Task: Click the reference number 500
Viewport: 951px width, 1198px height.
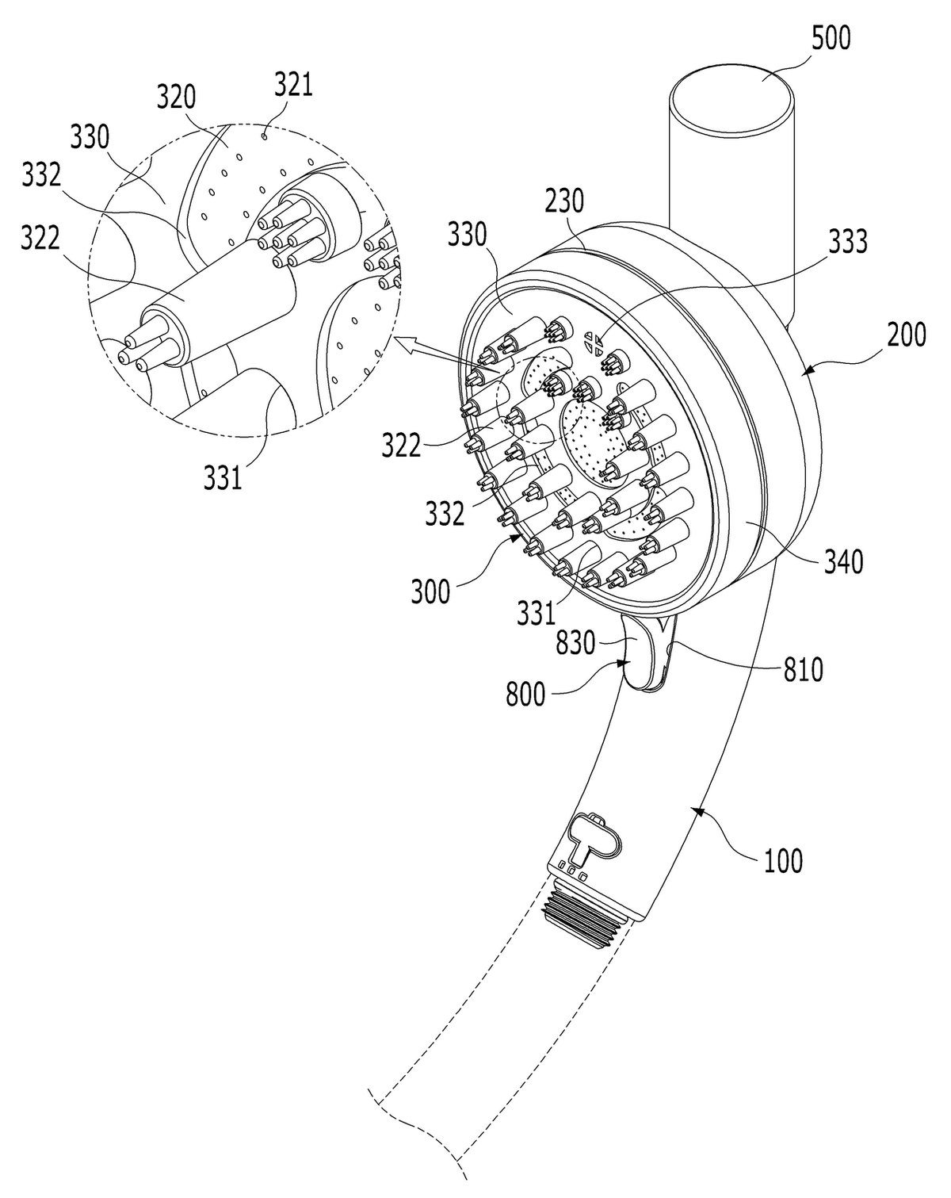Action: [x=831, y=39]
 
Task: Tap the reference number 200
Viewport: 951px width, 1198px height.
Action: [x=907, y=335]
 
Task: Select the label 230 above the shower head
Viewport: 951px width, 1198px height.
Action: [x=564, y=201]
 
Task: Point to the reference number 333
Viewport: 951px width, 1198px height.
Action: [x=847, y=242]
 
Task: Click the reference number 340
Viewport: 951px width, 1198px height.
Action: [x=843, y=561]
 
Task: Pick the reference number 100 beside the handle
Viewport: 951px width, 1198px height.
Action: [x=783, y=861]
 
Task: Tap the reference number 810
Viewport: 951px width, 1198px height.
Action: [x=803, y=670]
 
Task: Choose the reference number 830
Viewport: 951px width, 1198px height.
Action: [x=575, y=644]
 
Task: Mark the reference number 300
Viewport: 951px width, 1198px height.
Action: [x=430, y=591]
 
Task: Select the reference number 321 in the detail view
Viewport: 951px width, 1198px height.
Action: [x=293, y=86]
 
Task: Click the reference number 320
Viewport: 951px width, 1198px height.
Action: [x=176, y=98]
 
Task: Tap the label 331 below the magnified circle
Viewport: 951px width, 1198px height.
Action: [x=223, y=477]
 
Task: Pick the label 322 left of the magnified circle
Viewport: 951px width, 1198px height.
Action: [x=40, y=239]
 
